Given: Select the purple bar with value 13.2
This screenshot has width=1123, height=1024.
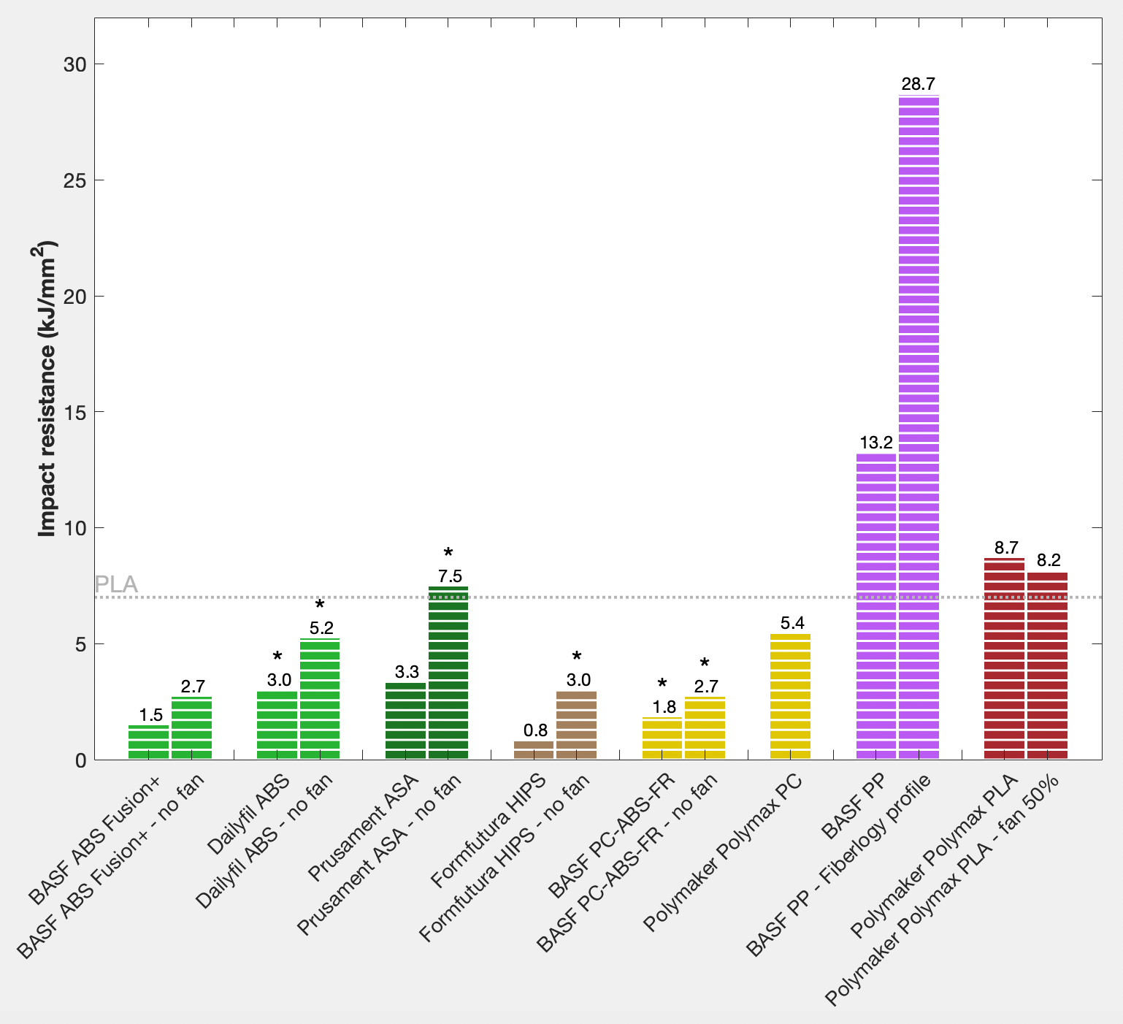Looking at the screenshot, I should pyautogui.click(x=875, y=606).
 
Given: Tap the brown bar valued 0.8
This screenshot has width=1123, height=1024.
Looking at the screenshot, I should pyautogui.click(x=534, y=750).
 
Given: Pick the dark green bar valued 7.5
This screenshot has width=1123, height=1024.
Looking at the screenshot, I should pyautogui.click(x=448, y=673).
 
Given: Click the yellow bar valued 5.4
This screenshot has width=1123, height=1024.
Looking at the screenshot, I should pyautogui.click(x=790, y=697).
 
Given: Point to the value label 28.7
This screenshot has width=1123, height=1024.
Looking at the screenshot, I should pyautogui.click(x=919, y=84).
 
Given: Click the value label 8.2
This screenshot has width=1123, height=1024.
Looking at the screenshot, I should pyautogui.click(x=1048, y=560).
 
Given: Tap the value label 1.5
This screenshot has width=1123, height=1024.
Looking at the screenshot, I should pyautogui.click(x=150, y=714).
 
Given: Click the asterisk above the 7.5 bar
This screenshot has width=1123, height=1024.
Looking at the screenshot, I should pyautogui.click(x=448, y=554).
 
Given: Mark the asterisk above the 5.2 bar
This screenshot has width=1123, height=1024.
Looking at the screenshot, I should pyautogui.click(x=320, y=605).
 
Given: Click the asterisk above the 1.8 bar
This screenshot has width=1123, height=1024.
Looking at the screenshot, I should pyautogui.click(x=662, y=684).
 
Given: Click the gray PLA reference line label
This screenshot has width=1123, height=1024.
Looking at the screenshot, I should pyautogui.click(x=116, y=584).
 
